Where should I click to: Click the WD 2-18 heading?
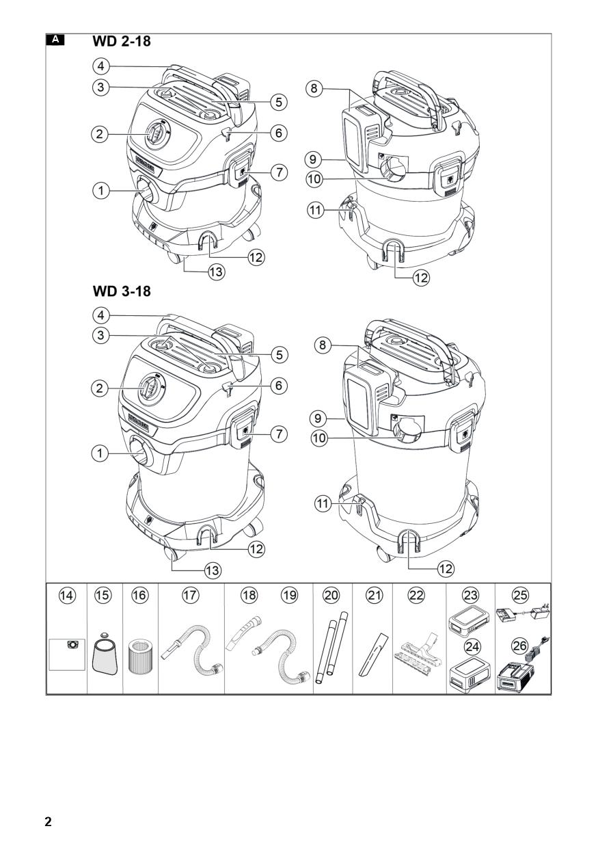(122, 41)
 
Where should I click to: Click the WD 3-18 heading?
(122, 291)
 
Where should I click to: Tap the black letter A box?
(55, 40)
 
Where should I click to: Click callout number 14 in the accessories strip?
(68, 596)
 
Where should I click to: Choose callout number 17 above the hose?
(191, 596)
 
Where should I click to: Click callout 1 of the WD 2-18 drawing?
(100, 190)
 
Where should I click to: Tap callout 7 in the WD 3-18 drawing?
(279, 434)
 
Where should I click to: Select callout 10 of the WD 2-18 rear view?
(314, 179)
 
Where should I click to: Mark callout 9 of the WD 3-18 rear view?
(318, 419)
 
